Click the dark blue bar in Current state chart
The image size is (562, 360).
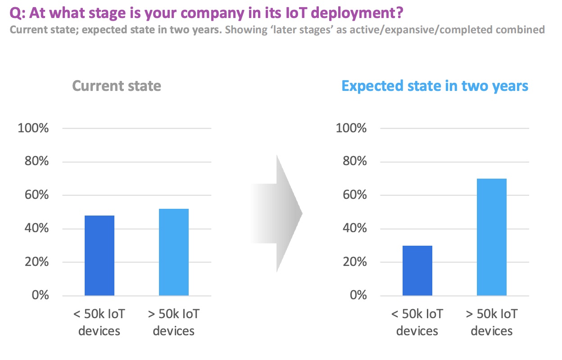point(99,256)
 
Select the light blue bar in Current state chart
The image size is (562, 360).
point(173,252)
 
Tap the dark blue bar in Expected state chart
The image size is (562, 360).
point(417,270)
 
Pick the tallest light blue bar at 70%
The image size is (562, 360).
point(491,237)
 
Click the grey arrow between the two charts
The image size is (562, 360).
point(277,213)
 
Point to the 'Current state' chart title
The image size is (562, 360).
point(116,86)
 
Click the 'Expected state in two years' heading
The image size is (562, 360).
point(435,86)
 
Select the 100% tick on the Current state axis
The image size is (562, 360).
point(33,128)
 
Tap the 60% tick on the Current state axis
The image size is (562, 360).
point(36,195)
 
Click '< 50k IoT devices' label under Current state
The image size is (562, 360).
point(99,322)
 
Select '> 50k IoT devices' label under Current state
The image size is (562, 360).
point(173,322)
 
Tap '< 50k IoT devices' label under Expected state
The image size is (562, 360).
point(417,322)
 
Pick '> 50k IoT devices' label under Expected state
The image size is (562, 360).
point(491,322)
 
